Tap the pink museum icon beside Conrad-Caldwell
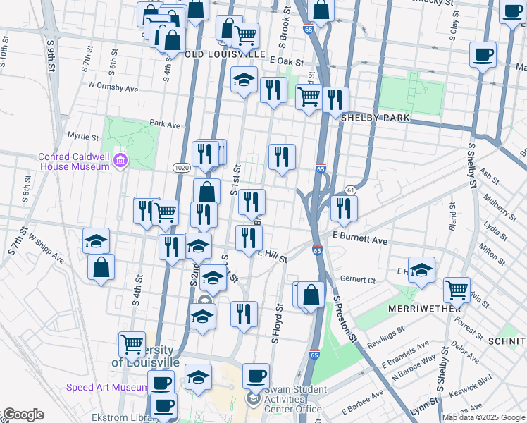click(x=121, y=161)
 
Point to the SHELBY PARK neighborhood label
click(x=375, y=118)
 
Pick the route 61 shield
click(x=349, y=190)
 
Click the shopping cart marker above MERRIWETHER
click(x=457, y=288)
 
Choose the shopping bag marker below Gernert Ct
click(x=310, y=295)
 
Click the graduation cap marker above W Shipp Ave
click(x=97, y=240)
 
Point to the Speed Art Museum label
click(x=107, y=387)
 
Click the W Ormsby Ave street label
click(x=113, y=88)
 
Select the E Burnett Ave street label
click(x=359, y=240)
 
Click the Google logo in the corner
click(x=23, y=415)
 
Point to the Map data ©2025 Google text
click(x=483, y=417)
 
